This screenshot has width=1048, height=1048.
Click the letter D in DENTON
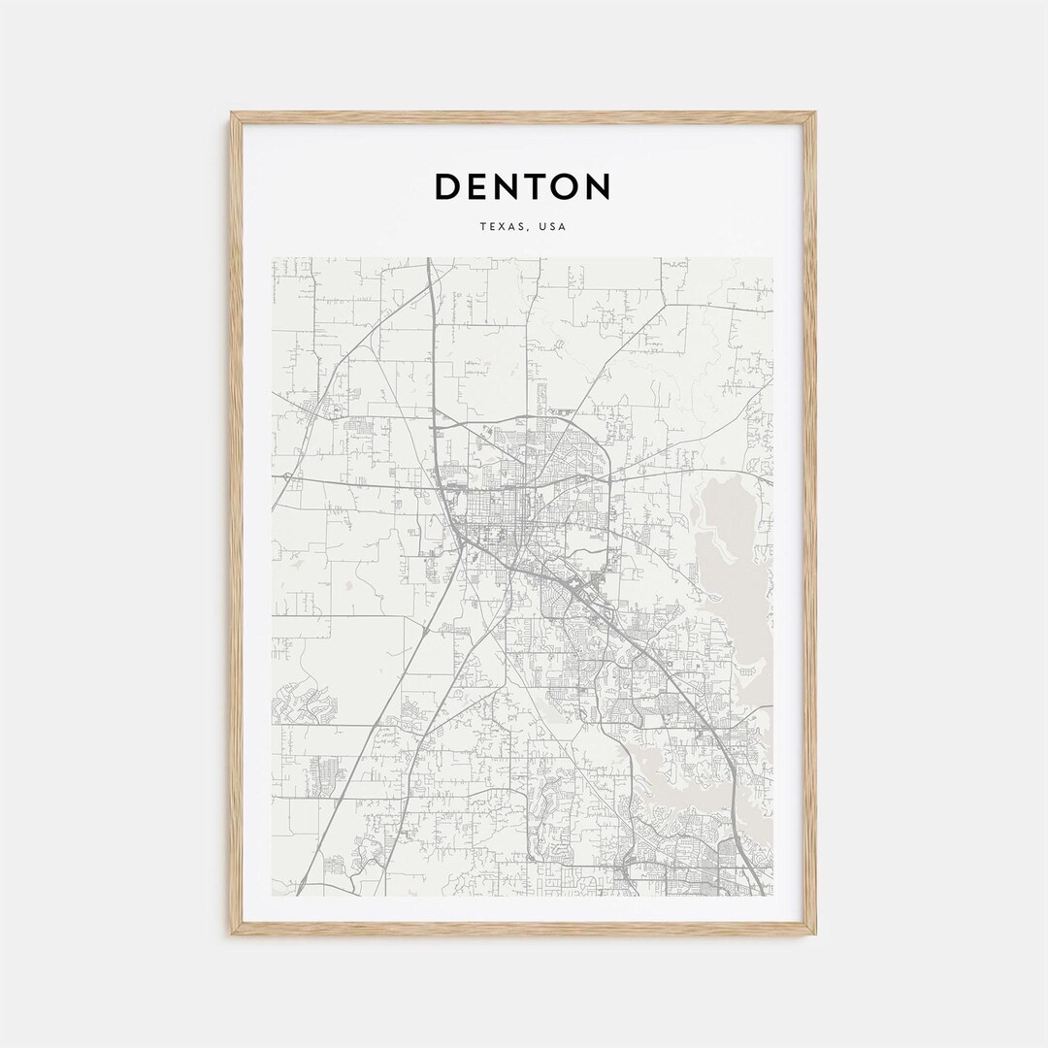(447, 186)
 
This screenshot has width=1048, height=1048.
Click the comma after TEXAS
(530, 230)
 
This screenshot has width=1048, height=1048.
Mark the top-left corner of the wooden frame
(233, 114)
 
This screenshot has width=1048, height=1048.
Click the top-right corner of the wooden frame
(814, 114)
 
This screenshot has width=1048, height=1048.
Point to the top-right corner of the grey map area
(772, 258)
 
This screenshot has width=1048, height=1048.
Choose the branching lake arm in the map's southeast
(679, 767)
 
